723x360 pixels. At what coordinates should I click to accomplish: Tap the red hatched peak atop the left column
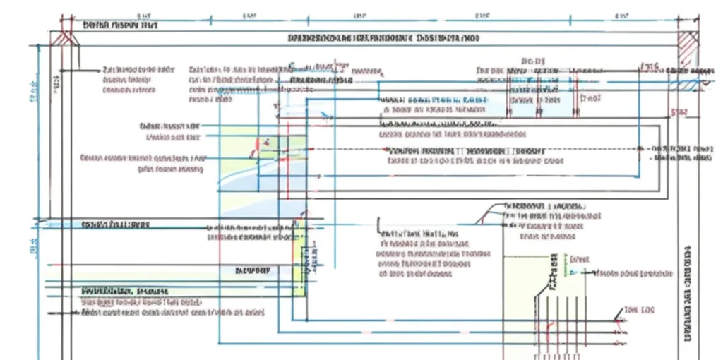pyautogui.click(x=66, y=38)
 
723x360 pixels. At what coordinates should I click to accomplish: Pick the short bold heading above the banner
pyautogui.click(x=119, y=25)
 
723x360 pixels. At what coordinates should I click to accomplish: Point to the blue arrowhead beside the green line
pyautogui.click(x=594, y=272)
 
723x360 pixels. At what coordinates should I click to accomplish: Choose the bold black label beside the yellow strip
pyautogui.click(x=254, y=270)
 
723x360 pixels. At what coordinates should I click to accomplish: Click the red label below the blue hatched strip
pyautogui.click(x=679, y=112)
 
